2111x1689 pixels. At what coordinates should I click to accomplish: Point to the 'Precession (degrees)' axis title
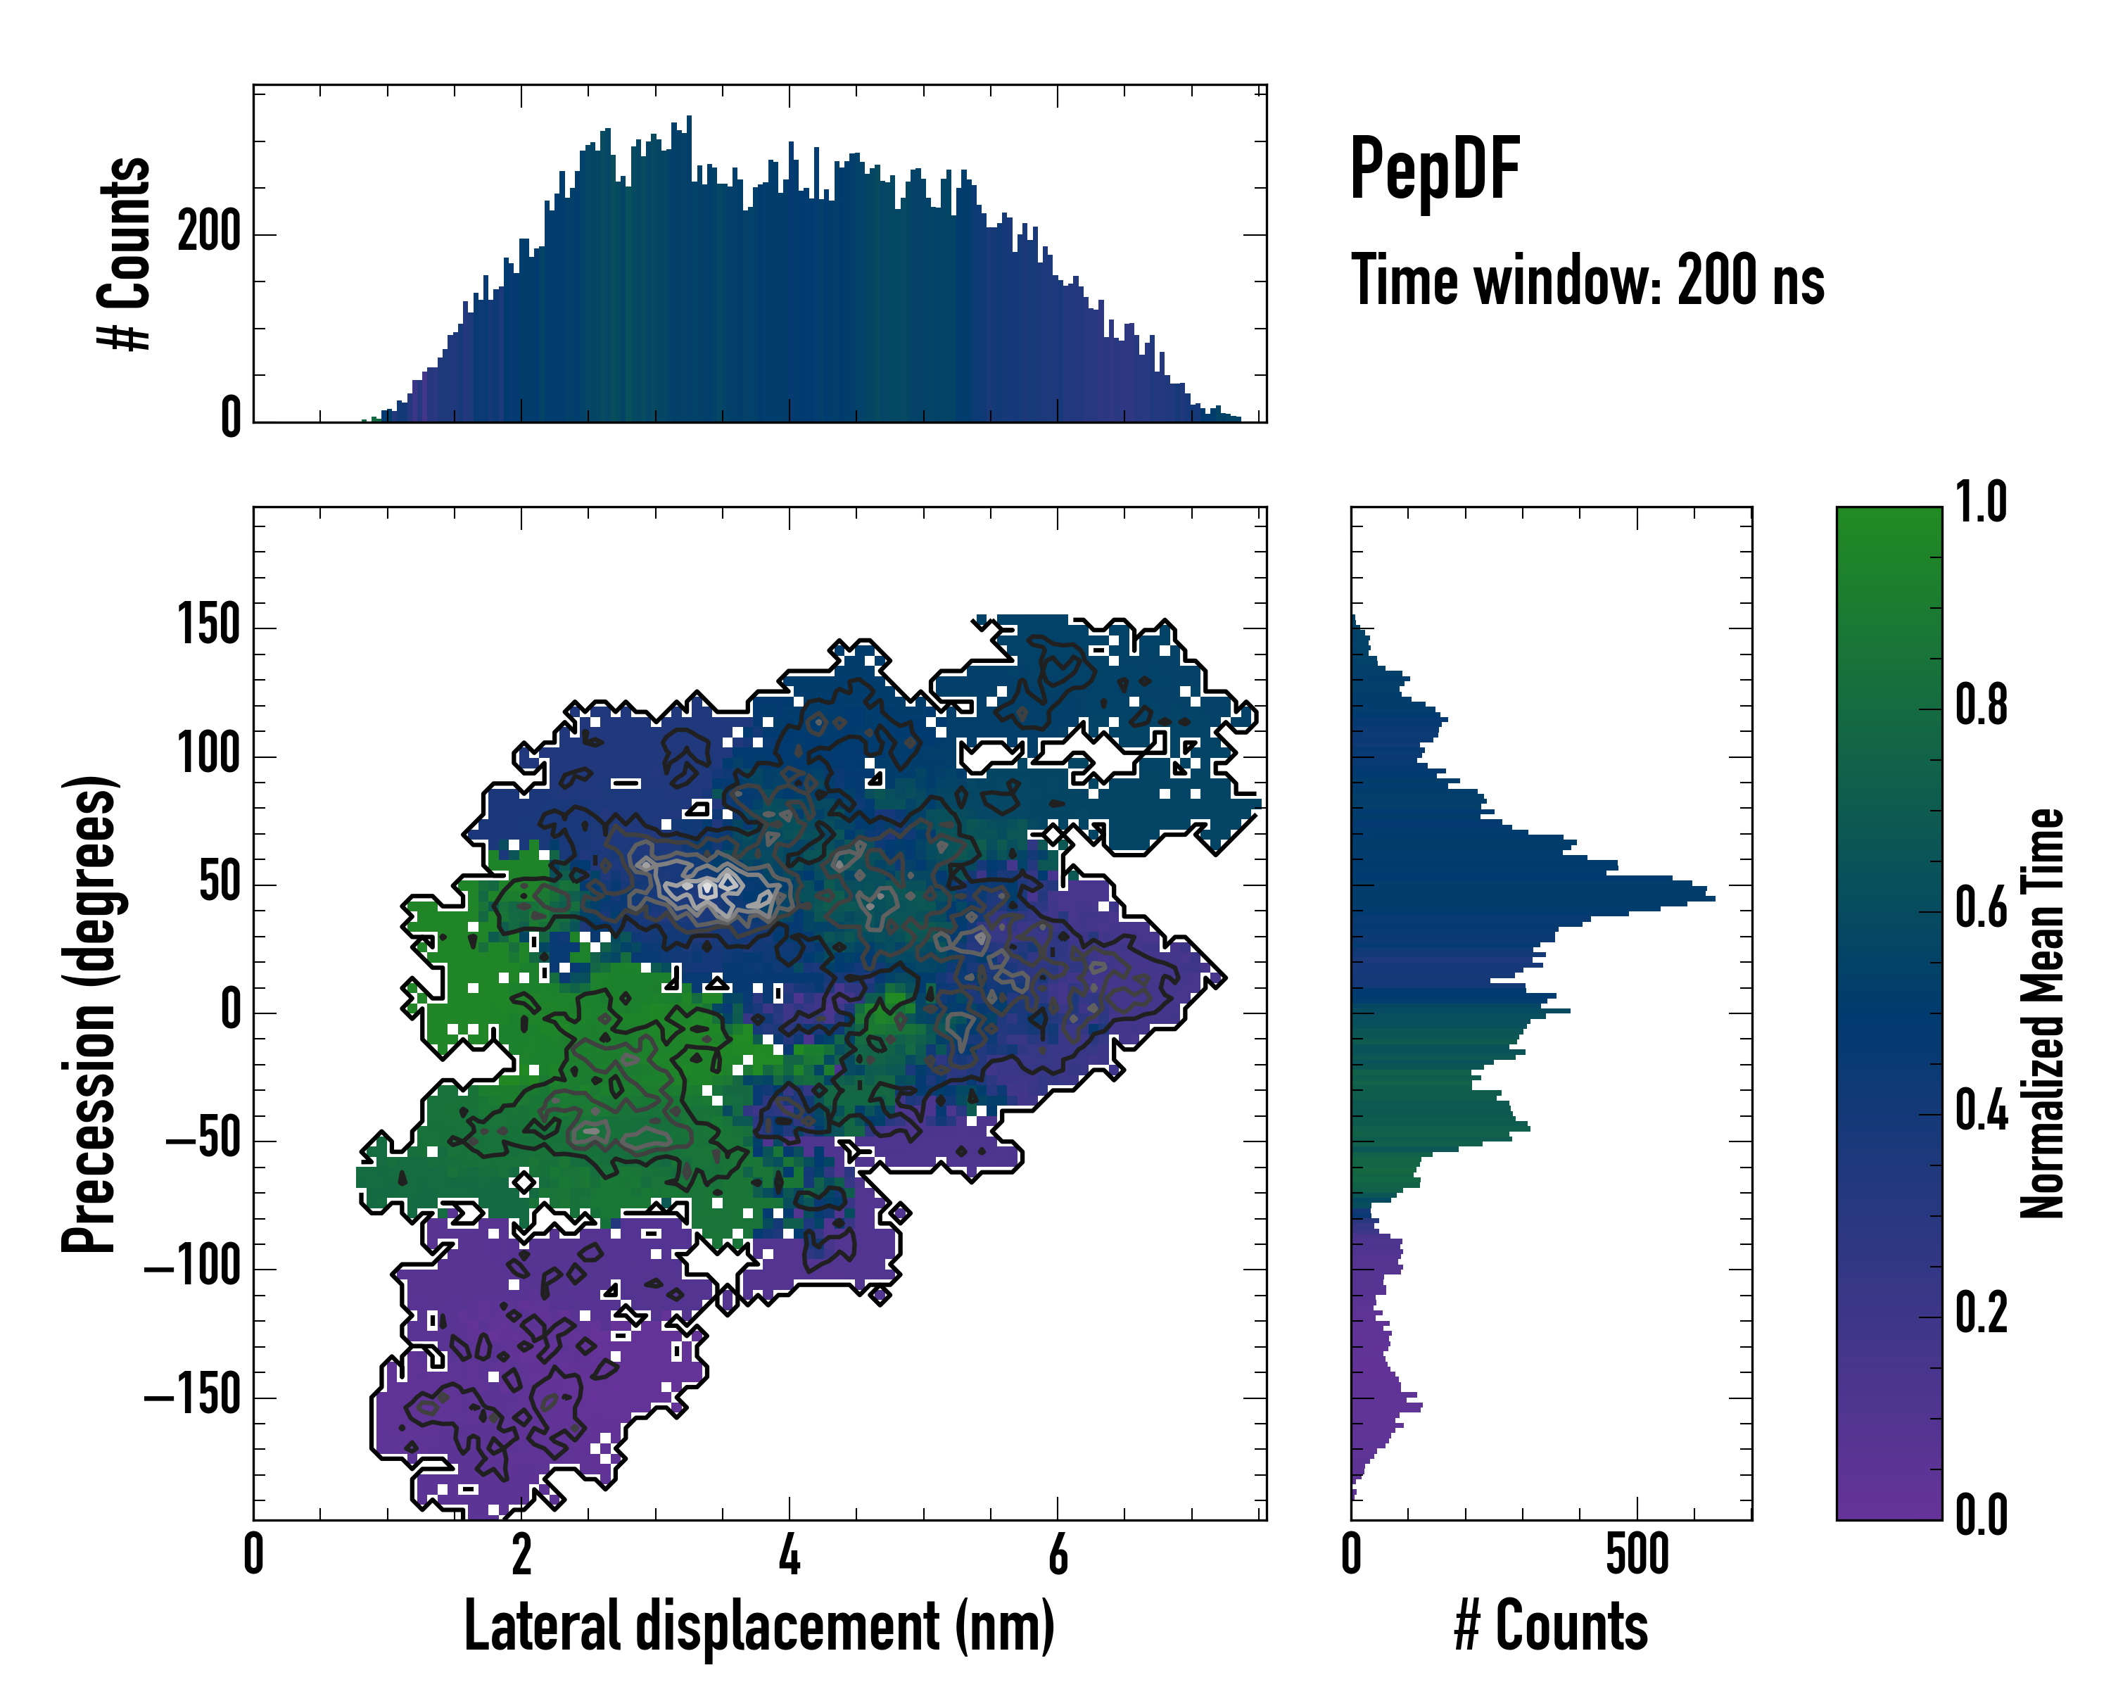(x=89, y=1013)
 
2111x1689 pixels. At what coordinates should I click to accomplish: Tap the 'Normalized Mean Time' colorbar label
(x=2041, y=1013)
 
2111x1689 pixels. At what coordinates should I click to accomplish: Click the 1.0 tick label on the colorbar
(x=1980, y=503)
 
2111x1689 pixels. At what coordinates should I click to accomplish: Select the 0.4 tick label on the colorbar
(x=1980, y=1113)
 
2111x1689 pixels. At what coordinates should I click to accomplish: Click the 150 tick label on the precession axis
(x=208, y=626)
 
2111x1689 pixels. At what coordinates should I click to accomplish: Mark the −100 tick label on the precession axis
(x=192, y=1269)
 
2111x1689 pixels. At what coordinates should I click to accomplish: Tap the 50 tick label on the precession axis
(x=220, y=883)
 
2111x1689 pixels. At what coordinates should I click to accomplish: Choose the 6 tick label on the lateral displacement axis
(x=1058, y=1555)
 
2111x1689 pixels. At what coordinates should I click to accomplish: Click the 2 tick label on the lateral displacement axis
(x=522, y=1555)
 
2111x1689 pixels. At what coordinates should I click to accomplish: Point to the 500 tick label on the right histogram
(x=1637, y=1555)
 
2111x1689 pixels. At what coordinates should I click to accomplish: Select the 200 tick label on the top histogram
(x=208, y=234)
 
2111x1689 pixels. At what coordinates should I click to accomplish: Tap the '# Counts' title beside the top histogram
(x=125, y=253)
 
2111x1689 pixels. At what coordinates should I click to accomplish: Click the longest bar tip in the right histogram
(x=1713, y=898)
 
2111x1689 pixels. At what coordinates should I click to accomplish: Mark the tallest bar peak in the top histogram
(x=690, y=118)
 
